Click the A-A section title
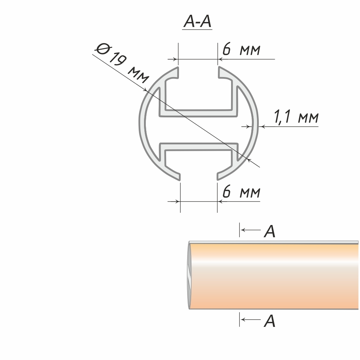[x=197, y=22]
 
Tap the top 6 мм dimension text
[x=242, y=49]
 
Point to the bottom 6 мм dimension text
[x=242, y=192]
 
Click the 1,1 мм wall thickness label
[x=296, y=117]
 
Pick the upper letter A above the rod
[x=270, y=231]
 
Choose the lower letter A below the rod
[x=270, y=321]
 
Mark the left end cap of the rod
[x=189, y=275]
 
